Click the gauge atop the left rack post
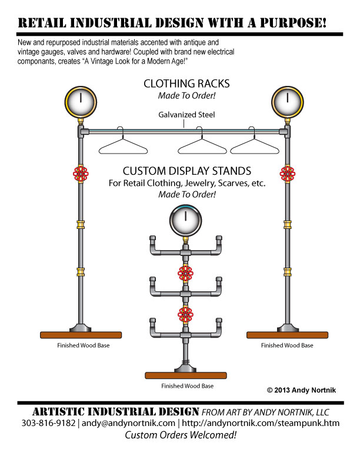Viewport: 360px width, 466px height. pyautogui.click(x=81, y=102)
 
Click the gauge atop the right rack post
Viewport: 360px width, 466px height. pyautogui.click(x=287, y=102)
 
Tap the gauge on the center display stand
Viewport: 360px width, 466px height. pyautogui.click(x=185, y=220)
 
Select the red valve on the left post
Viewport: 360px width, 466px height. pyautogui.click(x=81, y=174)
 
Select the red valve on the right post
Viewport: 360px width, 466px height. pyautogui.click(x=287, y=174)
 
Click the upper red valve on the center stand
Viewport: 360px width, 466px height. pyautogui.click(x=185, y=274)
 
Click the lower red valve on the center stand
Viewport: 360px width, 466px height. pyautogui.click(x=185, y=314)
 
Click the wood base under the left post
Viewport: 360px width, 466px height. pyautogui.click(x=81, y=335)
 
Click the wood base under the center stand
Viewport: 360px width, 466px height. pyautogui.click(x=186, y=375)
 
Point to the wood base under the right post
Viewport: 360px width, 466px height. pyautogui.click(x=287, y=335)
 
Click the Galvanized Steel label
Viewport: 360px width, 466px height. pyautogui.click(x=186, y=115)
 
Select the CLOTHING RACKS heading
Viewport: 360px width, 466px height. pyautogui.click(x=186, y=84)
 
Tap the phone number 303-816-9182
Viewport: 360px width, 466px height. pyautogui.click(x=48, y=423)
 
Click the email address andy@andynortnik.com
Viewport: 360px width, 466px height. pyautogui.click(x=128, y=423)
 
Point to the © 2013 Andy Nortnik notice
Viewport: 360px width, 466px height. pyautogui.click(x=301, y=390)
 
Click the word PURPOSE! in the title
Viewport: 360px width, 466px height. pyautogui.click(x=293, y=23)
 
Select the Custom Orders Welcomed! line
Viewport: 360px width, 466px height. pyautogui.click(x=181, y=435)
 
